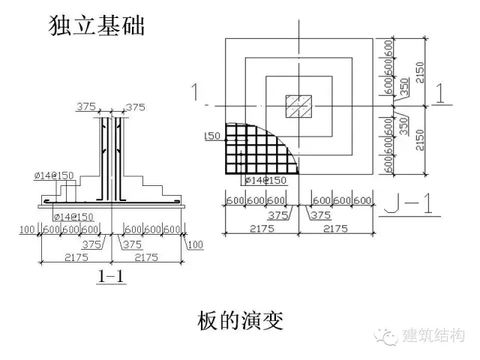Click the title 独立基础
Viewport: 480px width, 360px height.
pos(95,27)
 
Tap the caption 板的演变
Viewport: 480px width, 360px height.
pos(240,320)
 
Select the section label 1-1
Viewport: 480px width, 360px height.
pos(110,277)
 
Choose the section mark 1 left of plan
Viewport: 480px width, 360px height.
pos(196,93)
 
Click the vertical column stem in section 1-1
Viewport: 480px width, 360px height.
pos(110,157)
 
